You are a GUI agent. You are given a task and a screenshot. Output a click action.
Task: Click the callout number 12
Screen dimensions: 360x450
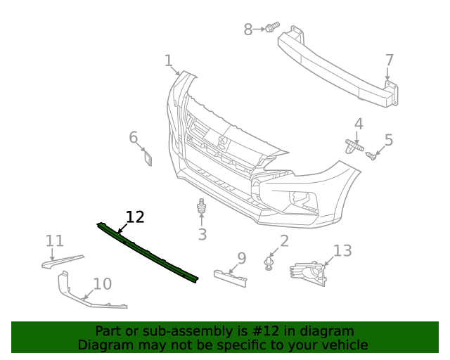[x=134, y=217]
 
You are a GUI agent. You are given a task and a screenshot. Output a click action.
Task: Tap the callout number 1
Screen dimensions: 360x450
[x=168, y=60]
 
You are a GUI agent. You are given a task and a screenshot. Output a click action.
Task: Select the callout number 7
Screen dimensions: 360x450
[x=389, y=60]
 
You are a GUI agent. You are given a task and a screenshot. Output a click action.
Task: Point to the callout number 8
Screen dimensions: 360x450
[x=247, y=30]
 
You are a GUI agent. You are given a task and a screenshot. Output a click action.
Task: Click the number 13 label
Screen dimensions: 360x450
[x=342, y=250]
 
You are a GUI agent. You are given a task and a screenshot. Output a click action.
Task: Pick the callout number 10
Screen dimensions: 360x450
[x=102, y=284]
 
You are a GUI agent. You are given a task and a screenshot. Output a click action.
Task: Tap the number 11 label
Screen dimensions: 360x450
[x=55, y=241]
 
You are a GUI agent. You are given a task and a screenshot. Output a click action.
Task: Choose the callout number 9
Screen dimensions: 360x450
[x=241, y=258]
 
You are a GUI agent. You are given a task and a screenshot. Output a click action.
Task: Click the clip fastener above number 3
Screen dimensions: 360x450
[x=202, y=207]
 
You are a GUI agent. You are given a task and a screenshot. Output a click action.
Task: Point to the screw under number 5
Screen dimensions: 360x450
[x=374, y=155]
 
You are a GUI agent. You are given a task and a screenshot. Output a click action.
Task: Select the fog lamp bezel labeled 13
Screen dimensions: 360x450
[x=309, y=273]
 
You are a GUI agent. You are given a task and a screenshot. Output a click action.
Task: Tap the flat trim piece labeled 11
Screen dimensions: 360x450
[x=62, y=261]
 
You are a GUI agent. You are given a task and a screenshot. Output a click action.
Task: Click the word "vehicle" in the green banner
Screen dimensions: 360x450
[x=343, y=345]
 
